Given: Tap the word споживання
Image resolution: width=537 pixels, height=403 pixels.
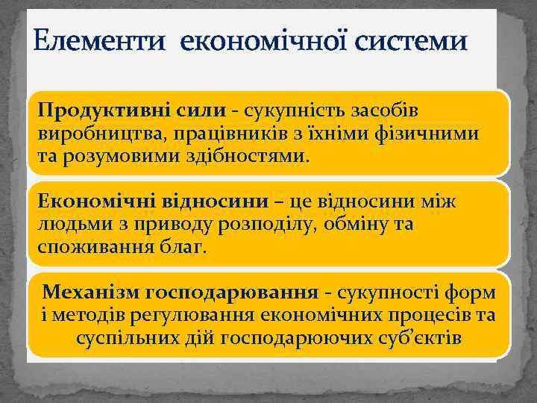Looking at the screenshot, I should tap(84, 246).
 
